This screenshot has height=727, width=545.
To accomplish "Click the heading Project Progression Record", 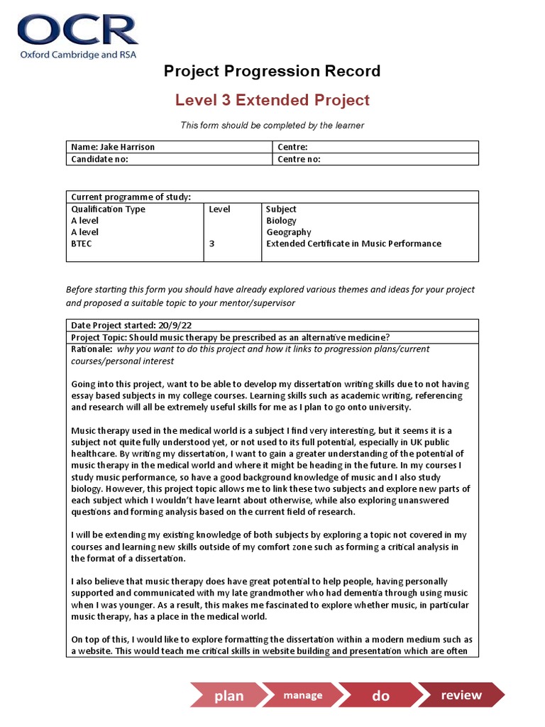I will tap(272, 71).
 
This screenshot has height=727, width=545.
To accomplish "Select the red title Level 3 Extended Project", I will tap(272, 100).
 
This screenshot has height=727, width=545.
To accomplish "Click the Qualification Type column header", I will tap(108, 209).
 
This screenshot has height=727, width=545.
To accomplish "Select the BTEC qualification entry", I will tap(82, 244).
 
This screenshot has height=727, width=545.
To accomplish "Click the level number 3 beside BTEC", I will tap(211, 244).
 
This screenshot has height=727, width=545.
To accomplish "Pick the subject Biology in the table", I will tap(281, 221).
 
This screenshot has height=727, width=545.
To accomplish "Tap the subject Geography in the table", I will tap(288, 232).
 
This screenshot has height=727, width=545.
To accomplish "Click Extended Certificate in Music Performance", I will tap(353, 244).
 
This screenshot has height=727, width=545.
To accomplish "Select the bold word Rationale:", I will tap(92, 349).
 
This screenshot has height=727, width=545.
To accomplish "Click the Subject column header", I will tap(281, 209).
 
